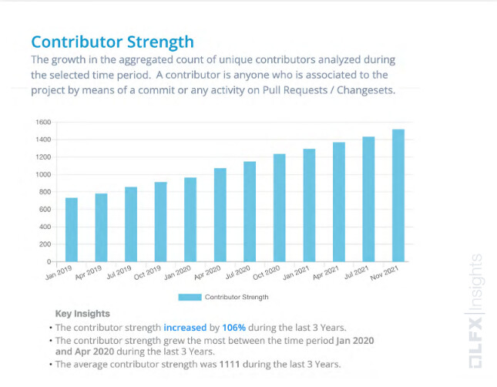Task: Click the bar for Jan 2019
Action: click(x=71, y=230)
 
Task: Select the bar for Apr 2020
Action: click(x=220, y=215)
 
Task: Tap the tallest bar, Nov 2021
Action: click(x=398, y=195)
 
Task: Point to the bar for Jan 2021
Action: click(x=309, y=205)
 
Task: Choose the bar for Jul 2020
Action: click(x=250, y=211)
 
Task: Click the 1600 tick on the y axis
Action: click(x=42, y=123)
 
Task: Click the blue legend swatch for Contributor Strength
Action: click(x=189, y=297)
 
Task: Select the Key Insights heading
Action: click(x=82, y=314)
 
